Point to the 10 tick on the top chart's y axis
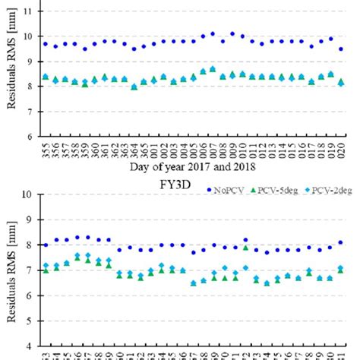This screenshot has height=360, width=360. (x=31, y=36)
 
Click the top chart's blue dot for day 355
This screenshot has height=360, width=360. (x=46, y=44)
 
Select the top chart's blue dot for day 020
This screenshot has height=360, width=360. (x=341, y=49)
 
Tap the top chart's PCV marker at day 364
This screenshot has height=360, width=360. (x=134, y=87)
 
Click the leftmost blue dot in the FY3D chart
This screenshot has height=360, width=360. (x=46, y=245)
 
